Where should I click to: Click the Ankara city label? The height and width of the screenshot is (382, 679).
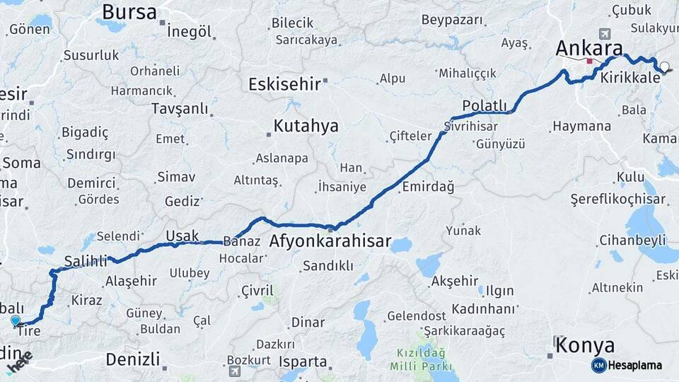click(x=588, y=48)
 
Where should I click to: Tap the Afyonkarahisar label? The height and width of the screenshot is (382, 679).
click(x=330, y=242)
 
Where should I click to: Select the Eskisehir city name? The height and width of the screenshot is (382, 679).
click(x=284, y=85)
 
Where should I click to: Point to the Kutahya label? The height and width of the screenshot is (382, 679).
click(x=306, y=127)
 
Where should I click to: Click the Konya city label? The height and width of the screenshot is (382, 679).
click(x=584, y=345)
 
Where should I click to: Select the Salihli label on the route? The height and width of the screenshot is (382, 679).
click(x=85, y=260)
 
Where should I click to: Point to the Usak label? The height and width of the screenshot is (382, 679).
click(x=182, y=236)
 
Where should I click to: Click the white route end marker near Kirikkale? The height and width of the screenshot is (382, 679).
click(x=664, y=67)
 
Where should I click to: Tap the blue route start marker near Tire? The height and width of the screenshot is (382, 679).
click(x=16, y=320)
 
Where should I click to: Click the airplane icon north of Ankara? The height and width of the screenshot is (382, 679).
click(x=605, y=34)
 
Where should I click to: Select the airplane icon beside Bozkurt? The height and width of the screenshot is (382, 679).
click(x=234, y=371)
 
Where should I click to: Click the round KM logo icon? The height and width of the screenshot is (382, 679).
click(x=598, y=365)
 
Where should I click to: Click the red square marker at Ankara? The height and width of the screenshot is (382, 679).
click(x=589, y=61)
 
